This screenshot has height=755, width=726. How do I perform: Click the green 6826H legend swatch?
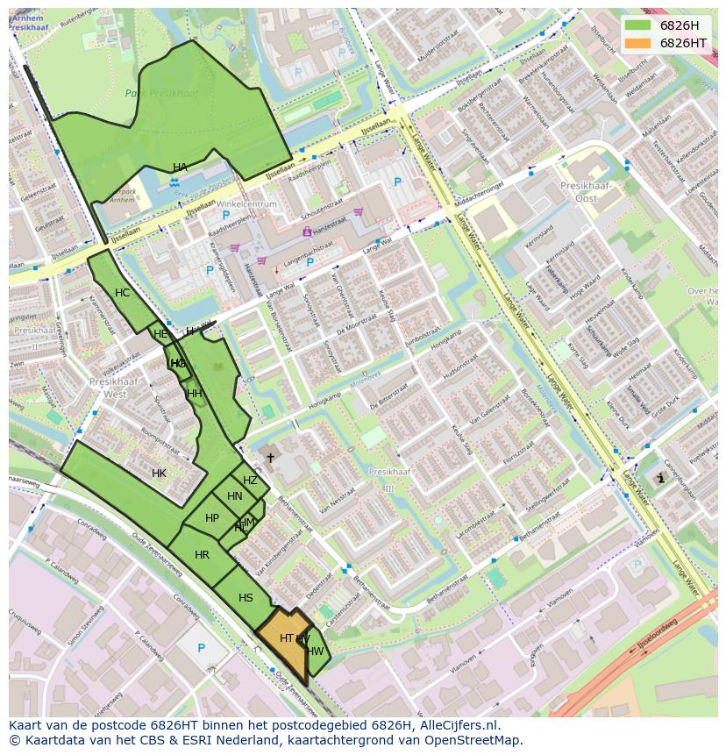(x=637, y=25)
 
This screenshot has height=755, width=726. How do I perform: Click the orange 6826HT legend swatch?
(x=637, y=42)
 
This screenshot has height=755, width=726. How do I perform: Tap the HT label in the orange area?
(x=286, y=638)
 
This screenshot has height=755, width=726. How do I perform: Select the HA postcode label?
(x=180, y=167)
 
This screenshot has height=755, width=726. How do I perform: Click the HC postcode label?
(x=122, y=293)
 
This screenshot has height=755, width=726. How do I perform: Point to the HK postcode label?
(x=159, y=474)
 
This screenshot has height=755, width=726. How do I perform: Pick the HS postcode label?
(x=246, y=598)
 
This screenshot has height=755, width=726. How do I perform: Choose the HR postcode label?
(x=202, y=555)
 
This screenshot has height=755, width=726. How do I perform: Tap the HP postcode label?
(x=211, y=518)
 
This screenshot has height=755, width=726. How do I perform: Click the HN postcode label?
(x=234, y=496)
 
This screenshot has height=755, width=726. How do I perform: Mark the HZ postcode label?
(x=250, y=481)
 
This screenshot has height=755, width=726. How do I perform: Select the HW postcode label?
(x=316, y=651)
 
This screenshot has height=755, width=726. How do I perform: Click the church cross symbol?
(x=270, y=457)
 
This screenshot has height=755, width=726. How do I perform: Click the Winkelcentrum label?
(x=248, y=204)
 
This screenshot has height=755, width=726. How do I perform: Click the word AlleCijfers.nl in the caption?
(x=458, y=725)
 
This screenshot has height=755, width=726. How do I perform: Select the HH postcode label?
(x=195, y=394)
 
